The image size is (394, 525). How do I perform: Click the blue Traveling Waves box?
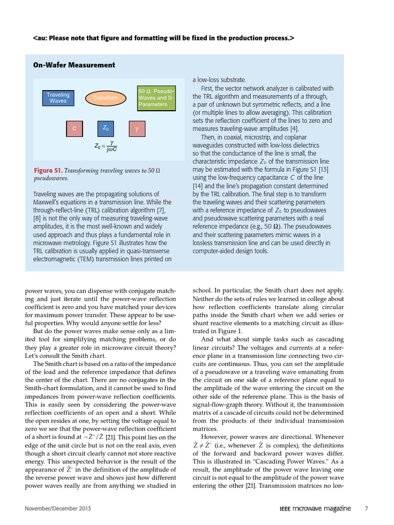[x=58, y=98]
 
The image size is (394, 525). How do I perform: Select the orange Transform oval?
[x=106, y=98]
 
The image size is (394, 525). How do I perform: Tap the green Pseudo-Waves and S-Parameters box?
[x=156, y=98]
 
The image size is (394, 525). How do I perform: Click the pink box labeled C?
[x=74, y=129]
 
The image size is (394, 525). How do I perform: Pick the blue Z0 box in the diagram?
[x=106, y=129]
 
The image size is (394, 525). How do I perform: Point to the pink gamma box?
[x=137, y=129]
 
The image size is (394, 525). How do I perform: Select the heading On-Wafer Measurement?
[x=74, y=65]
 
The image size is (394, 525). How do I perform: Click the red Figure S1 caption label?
[x=48, y=171]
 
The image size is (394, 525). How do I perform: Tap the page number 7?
[x=366, y=509]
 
